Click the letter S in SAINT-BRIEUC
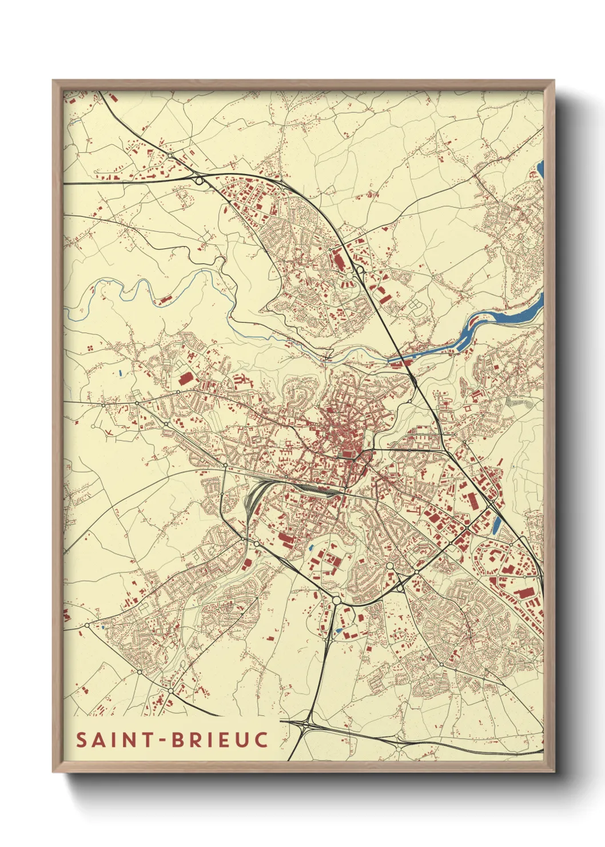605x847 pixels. [82, 740]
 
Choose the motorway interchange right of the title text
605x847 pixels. [307, 725]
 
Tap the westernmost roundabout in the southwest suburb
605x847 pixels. [87, 626]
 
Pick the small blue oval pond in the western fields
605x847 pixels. [121, 375]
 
